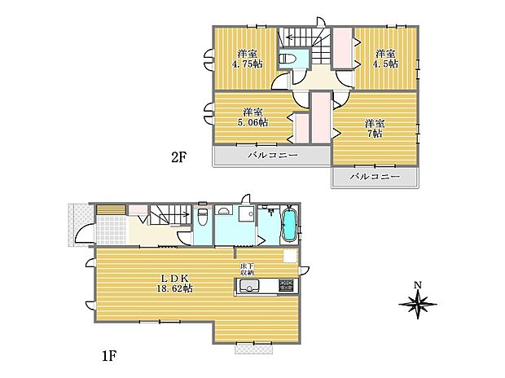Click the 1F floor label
click(x=108, y=357)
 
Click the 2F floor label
click(x=179, y=157)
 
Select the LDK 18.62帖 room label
click(x=174, y=283)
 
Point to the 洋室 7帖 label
click(x=375, y=128)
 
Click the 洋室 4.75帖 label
click(x=248, y=59)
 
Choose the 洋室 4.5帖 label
click(x=385, y=59)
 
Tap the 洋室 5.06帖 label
click(x=253, y=117)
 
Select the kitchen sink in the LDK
click(x=248, y=285)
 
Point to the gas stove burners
click(x=286, y=285)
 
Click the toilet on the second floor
click(x=286, y=59)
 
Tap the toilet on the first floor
click(x=202, y=216)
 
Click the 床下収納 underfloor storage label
click(x=247, y=270)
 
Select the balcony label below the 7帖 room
click(x=375, y=177)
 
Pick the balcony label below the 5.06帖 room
click(x=273, y=156)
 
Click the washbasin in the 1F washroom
click(x=224, y=210)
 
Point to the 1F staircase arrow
click(x=179, y=213)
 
